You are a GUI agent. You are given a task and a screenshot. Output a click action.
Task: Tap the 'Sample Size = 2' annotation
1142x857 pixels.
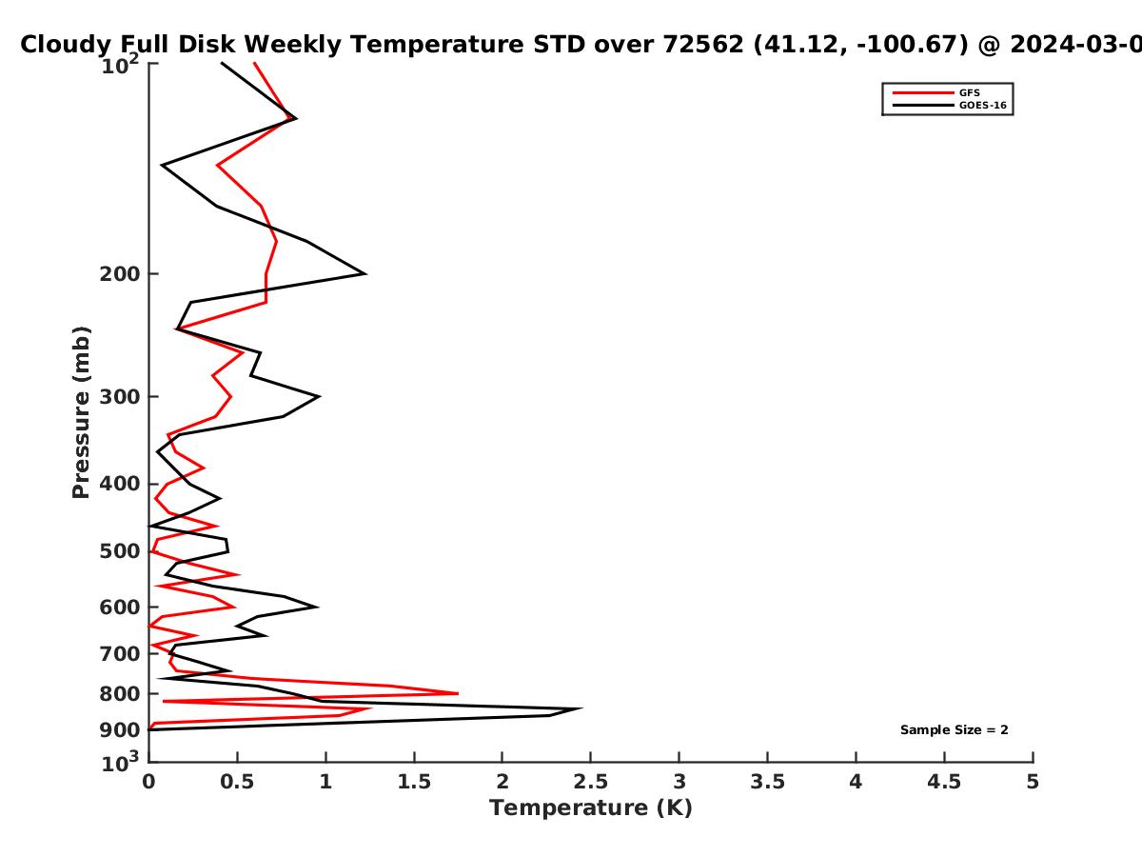click(955, 729)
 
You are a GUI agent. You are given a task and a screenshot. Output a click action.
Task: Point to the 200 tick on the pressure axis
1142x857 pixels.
click(120, 273)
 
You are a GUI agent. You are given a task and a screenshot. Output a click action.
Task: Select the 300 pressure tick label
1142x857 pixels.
click(120, 396)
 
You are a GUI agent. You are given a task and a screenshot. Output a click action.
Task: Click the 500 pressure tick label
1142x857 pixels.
click(120, 551)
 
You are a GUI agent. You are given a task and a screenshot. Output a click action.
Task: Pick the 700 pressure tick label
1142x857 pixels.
click(120, 653)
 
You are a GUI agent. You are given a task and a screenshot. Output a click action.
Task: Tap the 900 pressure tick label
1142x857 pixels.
click(120, 730)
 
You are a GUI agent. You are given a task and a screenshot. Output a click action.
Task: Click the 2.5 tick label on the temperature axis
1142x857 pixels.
click(591, 782)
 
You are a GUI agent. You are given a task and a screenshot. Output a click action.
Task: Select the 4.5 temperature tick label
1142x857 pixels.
click(944, 782)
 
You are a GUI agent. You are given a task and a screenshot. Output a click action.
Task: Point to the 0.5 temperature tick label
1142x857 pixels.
click(237, 782)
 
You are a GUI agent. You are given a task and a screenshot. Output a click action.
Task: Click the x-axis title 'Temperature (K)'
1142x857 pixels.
click(591, 808)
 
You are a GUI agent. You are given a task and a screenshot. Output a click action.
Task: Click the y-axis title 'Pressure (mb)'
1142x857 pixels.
click(81, 412)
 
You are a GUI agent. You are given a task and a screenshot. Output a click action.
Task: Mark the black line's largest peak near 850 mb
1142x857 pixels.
click(581, 708)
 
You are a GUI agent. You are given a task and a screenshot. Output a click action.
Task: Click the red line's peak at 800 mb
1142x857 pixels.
click(458, 693)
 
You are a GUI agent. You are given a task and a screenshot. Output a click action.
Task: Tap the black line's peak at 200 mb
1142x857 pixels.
click(365, 273)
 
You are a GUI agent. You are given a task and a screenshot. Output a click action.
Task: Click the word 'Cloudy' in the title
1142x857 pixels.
click(64, 45)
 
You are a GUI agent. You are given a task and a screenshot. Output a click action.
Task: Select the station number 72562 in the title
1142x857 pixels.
click(703, 44)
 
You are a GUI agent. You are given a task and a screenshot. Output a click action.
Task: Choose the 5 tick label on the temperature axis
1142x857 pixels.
click(1033, 782)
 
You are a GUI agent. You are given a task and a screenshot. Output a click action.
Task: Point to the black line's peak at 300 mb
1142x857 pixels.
click(319, 396)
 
